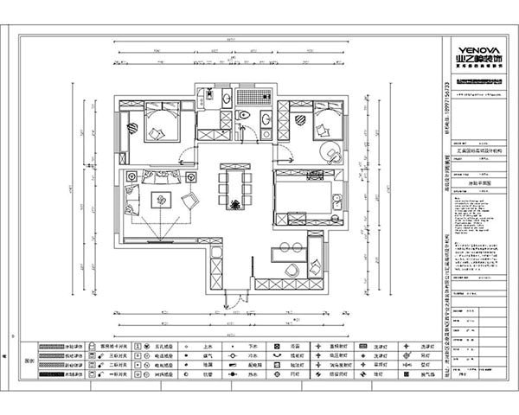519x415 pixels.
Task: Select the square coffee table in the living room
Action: [x=162, y=201]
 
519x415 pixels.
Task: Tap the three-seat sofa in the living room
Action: [x=159, y=177]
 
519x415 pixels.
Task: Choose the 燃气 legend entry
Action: [x=208, y=354]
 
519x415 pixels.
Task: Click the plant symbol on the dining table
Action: [x=234, y=204]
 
